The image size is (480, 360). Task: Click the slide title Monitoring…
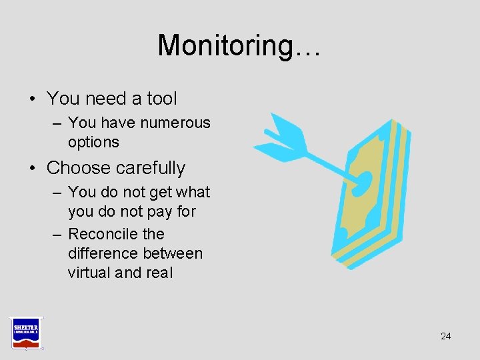click(239, 46)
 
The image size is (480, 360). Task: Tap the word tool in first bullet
click(162, 99)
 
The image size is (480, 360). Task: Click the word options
click(93, 142)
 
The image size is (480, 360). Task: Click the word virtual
click(89, 273)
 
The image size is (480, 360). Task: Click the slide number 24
click(445, 336)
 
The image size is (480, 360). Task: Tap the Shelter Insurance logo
click(25, 332)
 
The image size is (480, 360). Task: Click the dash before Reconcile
click(56, 234)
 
